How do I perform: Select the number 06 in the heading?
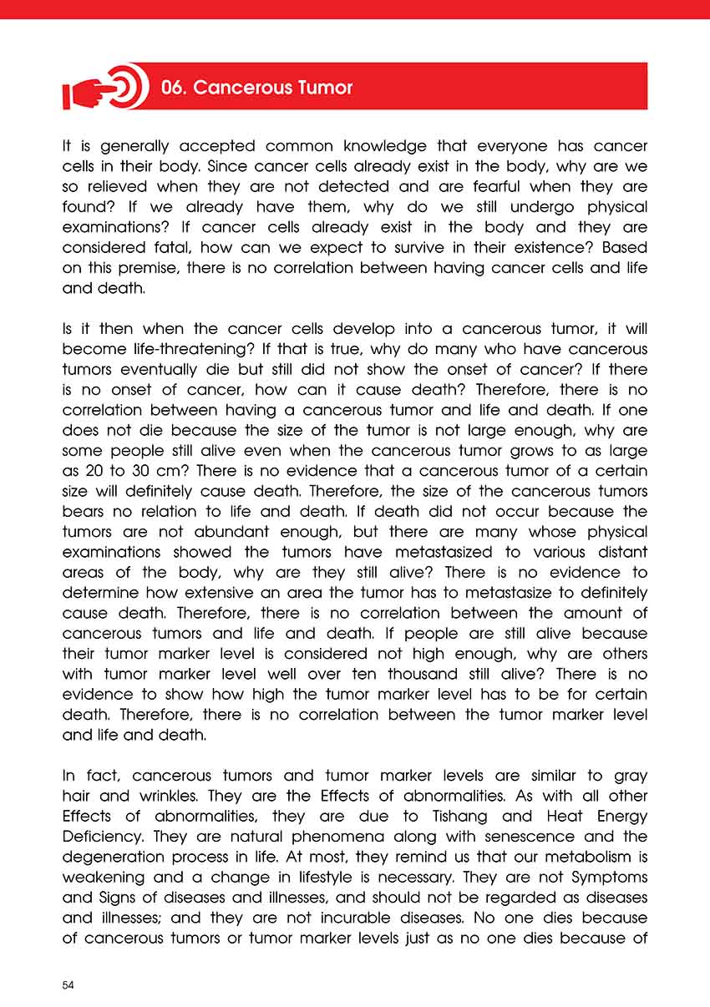(x=173, y=88)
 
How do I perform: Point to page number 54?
(x=68, y=985)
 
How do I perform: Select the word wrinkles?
(x=150, y=796)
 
